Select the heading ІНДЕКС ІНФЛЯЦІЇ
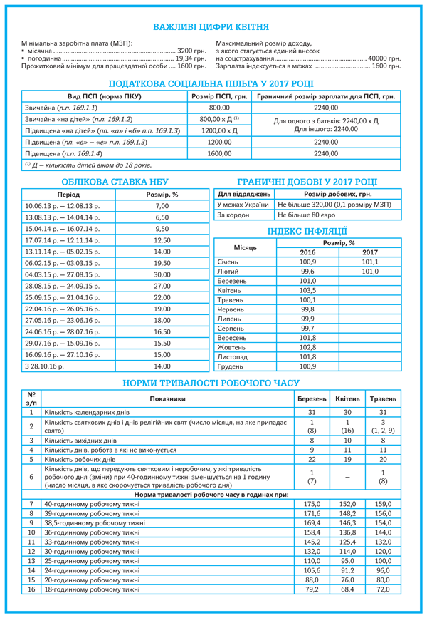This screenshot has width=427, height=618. tap(307, 230)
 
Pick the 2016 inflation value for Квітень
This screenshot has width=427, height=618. tap(307, 291)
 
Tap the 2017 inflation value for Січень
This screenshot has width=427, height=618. tap(370, 262)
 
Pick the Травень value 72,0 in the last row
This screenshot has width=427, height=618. tap(383, 589)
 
